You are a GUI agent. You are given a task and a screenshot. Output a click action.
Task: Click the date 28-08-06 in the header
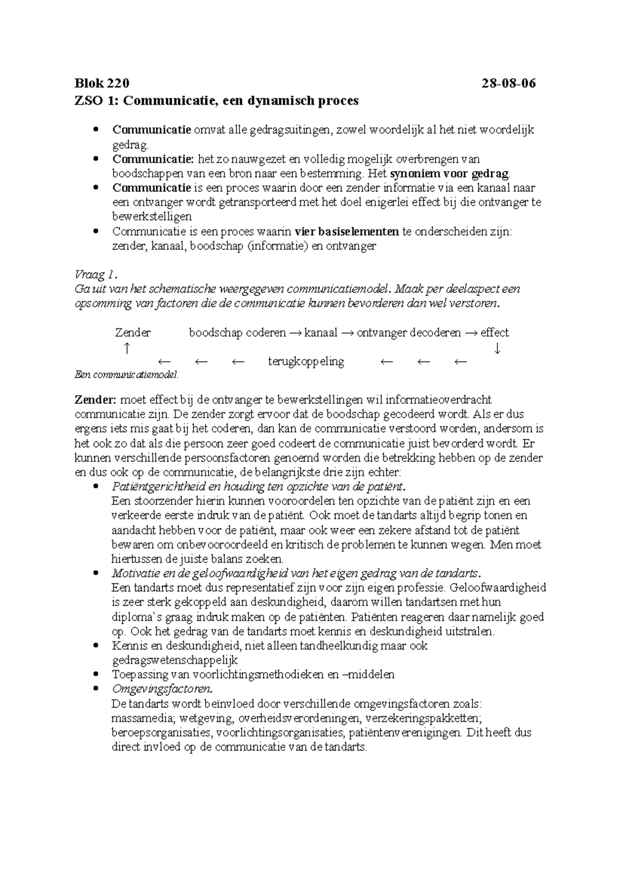(x=508, y=83)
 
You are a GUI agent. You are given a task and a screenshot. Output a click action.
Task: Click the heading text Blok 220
(x=102, y=83)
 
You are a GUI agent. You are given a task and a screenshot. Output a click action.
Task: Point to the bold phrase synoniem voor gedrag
(x=450, y=173)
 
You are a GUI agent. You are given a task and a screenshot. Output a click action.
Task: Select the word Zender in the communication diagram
(x=133, y=332)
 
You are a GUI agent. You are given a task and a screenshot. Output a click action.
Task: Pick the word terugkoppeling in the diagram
(x=306, y=362)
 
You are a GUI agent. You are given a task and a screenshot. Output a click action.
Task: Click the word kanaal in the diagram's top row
(x=321, y=332)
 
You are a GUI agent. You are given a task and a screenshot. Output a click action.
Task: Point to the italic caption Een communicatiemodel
(x=126, y=375)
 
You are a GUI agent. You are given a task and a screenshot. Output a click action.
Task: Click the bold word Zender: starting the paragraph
(x=96, y=400)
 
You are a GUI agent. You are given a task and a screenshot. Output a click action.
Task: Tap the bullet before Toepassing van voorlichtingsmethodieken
(x=94, y=675)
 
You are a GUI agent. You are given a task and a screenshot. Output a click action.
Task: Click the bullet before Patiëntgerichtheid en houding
(x=94, y=487)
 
